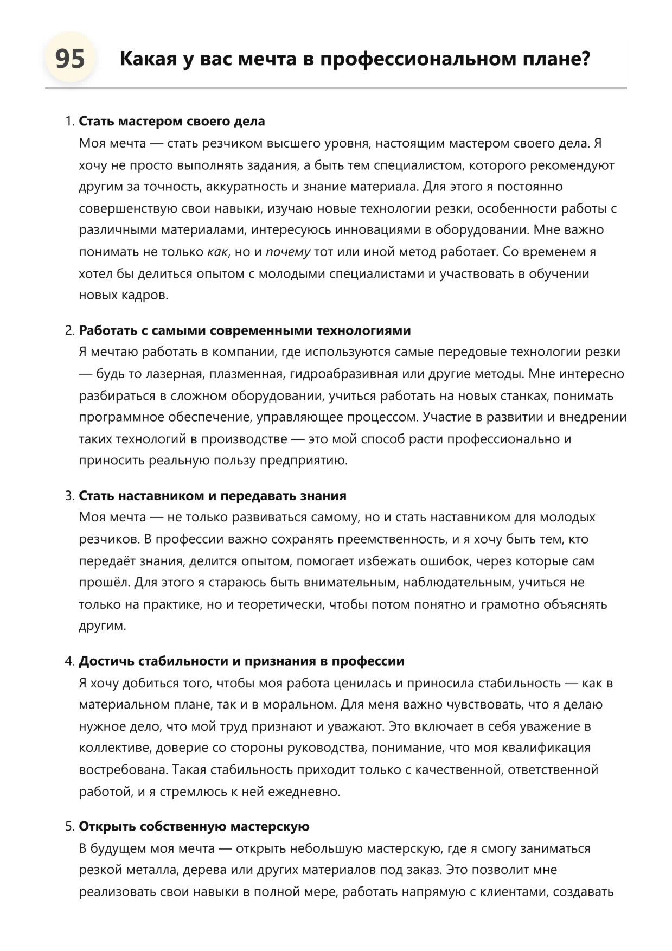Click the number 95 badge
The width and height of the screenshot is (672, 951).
(x=70, y=58)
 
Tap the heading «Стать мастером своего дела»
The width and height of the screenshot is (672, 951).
(x=172, y=121)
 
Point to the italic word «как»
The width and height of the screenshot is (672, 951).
(x=217, y=252)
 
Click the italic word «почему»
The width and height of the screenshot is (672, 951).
(x=288, y=252)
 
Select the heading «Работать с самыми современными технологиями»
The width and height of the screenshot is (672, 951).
(x=245, y=330)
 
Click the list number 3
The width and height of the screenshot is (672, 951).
(x=69, y=496)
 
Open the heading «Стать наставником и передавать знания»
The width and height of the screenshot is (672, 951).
(x=213, y=496)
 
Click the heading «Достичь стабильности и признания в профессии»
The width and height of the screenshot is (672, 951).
(x=241, y=661)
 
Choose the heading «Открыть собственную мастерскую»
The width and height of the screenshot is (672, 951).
(x=194, y=827)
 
